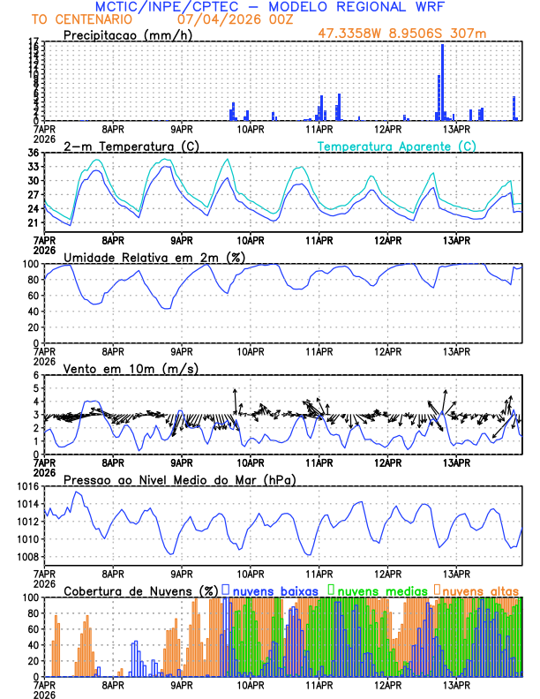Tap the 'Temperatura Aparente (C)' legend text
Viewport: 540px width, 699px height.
pos(396,146)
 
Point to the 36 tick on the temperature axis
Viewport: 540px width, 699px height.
pos(33,153)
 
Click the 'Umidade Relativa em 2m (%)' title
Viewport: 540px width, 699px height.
pos(154,257)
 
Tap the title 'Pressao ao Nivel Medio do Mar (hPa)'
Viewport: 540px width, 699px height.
pos(179,479)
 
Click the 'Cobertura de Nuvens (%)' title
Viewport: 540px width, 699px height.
pos(141,590)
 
